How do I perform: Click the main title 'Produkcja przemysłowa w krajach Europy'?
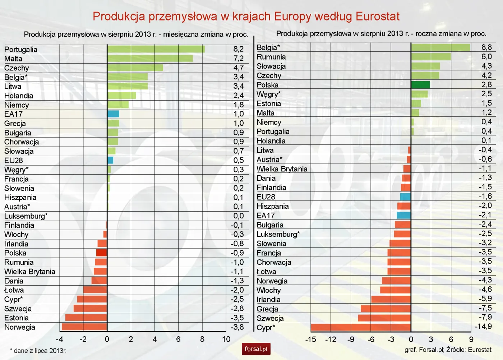(246, 17)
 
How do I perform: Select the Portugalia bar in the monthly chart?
(156, 49)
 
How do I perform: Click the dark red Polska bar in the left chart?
(102, 253)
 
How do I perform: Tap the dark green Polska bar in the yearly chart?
(420, 85)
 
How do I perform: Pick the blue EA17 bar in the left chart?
(113, 114)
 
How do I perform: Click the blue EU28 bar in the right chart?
(405, 197)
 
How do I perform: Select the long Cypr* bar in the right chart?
(361, 327)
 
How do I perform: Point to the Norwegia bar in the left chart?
(84, 327)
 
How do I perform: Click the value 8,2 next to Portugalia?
(238, 49)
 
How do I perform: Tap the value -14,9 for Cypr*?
(483, 327)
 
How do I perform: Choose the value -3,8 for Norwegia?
(237, 327)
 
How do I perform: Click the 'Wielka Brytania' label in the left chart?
(30, 272)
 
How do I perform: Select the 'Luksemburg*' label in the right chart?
(278, 234)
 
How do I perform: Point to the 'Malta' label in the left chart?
(13, 59)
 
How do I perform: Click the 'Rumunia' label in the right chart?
(271, 57)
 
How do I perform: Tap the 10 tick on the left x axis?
(226, 339)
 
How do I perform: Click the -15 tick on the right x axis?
(310, 340)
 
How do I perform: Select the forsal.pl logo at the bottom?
(256, 349)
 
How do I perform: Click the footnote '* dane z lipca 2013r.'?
(38, 351)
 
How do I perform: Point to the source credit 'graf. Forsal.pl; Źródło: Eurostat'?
(448, 350)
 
